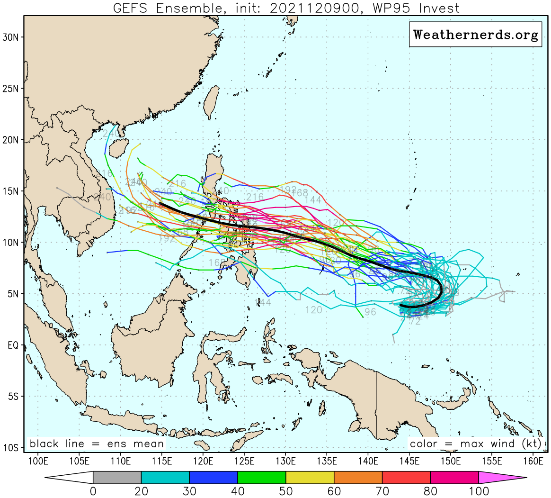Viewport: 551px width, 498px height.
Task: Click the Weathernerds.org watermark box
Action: click(x=475, y=35)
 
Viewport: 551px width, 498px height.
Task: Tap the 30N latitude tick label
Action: click(x=11, y=37)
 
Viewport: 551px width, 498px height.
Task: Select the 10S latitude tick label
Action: click(x=11, y=448)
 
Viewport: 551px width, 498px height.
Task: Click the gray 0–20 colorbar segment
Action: click(x=117, y=477)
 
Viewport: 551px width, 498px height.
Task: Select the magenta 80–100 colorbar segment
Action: click(x=454, y=477)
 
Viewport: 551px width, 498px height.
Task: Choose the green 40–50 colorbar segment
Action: click(x=261, y=477)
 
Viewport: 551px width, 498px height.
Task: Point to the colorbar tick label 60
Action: click(x=334, y=491)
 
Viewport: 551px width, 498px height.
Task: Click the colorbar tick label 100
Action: click(x=478, y=491)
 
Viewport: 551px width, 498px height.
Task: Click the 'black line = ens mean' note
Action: click(x=97, y=444)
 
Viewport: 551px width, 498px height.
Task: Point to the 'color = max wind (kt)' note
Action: click(x=475, y=444)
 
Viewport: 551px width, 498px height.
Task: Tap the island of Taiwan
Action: click(x=213, y=101)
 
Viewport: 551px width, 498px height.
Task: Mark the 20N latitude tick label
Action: click(x=11, y=140)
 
